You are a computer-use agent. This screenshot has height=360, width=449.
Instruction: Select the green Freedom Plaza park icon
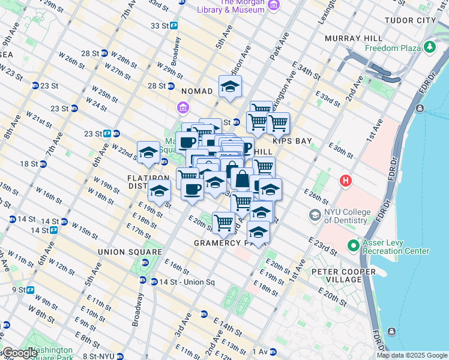pos(429,47)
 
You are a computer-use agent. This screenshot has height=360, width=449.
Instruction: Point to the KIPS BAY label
pos(292,141)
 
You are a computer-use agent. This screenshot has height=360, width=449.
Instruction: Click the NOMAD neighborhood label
pos(197,91)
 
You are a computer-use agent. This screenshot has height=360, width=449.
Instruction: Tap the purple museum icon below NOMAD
pos(182,108)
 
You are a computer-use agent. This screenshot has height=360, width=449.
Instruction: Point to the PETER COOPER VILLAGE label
pos(345,276)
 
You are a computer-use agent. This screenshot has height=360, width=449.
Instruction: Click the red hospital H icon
pos(345,180)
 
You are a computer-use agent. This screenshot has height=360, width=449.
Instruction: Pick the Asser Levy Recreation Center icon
pos(354,245)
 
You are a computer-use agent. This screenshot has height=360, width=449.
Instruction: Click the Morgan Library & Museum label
pos(232,7)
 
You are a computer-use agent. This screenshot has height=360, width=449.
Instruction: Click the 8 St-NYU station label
pos(99,356)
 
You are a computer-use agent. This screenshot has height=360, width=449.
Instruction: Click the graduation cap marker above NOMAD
pos(230,88)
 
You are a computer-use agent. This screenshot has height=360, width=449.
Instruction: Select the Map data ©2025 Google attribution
pos(411,355)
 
